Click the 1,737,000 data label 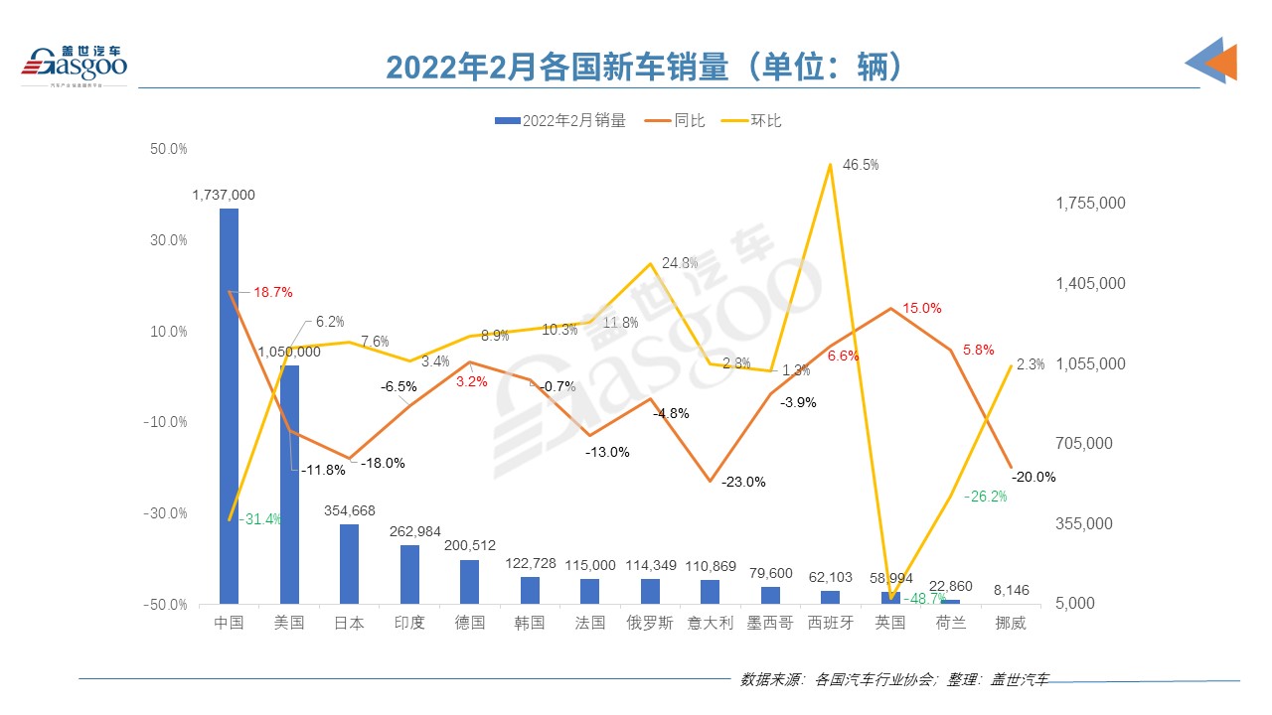tap(224, 196)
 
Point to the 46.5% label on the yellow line tap(860, 165)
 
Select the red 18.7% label tap(272, 293)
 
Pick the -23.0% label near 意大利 tap(744, 483)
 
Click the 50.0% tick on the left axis tap(169, 149)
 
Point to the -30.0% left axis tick tap(166, 513)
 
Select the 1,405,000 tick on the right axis tap(1090, 284)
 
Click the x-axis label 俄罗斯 tap(650, 624)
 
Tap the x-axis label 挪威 tap(1011, 624)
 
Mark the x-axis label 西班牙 tap(830, 624)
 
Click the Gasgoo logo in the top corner tap(76, 66)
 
